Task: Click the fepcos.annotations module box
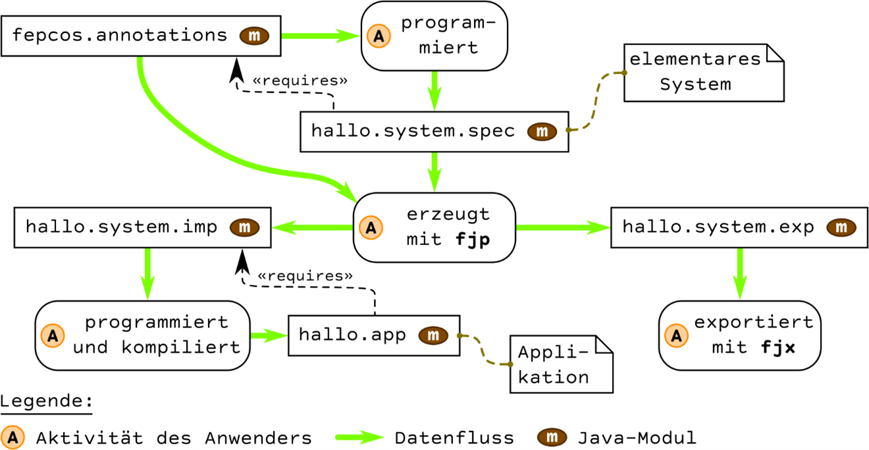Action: point(141,36)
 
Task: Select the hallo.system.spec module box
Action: point(434,132)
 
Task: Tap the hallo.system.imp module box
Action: point(142,227)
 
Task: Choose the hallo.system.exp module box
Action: point(739,227)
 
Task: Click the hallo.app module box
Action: point(374,335)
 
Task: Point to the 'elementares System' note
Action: point(704,72)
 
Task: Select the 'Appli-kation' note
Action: point(562,364)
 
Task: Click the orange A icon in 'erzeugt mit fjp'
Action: point(371,227)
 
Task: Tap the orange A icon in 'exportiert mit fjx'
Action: point(676,335)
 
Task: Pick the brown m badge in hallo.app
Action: point(433,335)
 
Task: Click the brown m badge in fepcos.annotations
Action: point(254,36)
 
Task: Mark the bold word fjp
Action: point(473,240)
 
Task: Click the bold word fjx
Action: point(778,347)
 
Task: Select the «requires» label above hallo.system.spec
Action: point(300,81)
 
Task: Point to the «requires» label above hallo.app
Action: point(305,276)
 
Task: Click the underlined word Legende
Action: point(47,401)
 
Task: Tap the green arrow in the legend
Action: point(359,437)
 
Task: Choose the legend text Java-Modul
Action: point(637,438)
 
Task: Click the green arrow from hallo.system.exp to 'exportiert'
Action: point(740,274)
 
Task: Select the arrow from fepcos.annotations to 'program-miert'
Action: point(321,36)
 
